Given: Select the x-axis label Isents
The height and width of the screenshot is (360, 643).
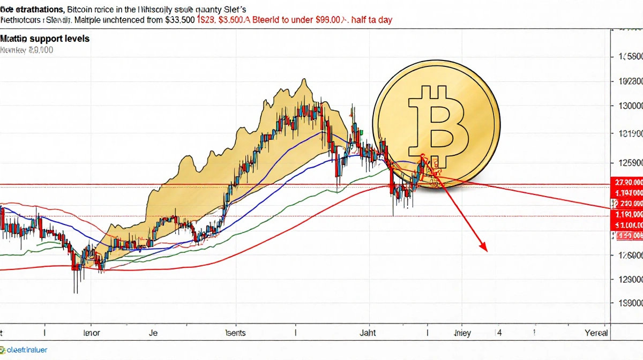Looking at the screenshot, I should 235,333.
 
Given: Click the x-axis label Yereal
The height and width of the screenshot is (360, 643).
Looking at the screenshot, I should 595,333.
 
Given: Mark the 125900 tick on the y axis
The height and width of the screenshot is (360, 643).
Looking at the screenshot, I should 630,162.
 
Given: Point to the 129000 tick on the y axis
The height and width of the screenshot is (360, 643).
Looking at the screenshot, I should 630,279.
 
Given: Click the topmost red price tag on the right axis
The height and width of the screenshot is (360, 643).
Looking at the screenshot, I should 627,182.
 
